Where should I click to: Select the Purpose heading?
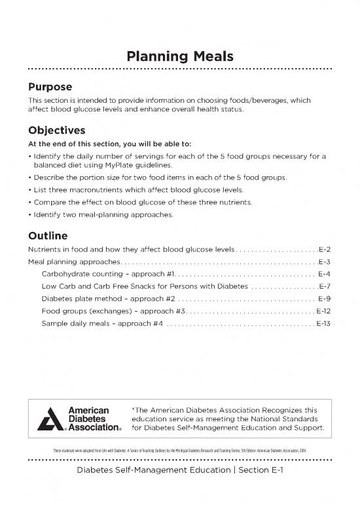click(x=49, y=86)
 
